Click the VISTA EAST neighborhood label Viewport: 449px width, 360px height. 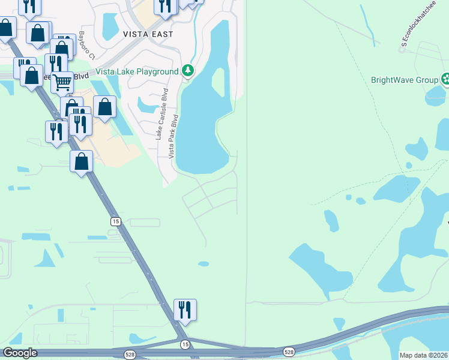(x=148, y=34)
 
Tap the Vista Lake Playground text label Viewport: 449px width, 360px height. (x=137, y=71)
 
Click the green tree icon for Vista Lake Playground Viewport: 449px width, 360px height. (x=188, y=71)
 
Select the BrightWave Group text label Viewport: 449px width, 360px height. (x=405, y=79)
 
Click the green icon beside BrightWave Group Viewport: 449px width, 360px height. (x=445, y=79)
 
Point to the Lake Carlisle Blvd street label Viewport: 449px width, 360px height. (x=161, y=114)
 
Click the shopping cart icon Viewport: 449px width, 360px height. (x=62, y=82)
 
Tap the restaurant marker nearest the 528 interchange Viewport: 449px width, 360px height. (x=185, y=310)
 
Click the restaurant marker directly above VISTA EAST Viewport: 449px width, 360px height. (x=164, y=6)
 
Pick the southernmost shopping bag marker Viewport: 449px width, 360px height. (x=81, y=161)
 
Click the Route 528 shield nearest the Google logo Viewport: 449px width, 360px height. (x=130, y=355)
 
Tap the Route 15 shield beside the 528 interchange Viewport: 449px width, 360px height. (x=185, y=344)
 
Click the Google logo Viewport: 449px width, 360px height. (x=20, y=353)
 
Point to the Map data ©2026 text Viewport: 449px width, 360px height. (x=423, y=355)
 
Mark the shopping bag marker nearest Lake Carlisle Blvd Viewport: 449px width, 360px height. (x=104, y=107)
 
